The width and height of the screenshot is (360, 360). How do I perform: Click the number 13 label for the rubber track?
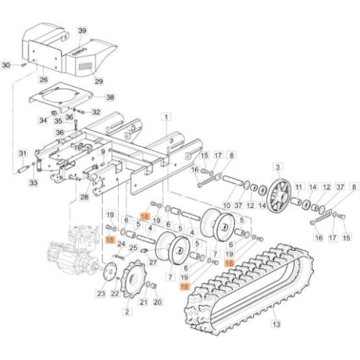pyautogui.click(x=276, y=325)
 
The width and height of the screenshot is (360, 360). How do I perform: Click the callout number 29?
pyautogui.click(x=99, y=81)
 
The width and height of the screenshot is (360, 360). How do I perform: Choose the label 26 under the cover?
pyautogui.click(x=43, y=80)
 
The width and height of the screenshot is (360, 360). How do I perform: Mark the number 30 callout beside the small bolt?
pyautogui.click(x=7, y=65)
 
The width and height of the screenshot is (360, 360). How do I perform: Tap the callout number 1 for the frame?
pyautogui.click(x=166, y=117)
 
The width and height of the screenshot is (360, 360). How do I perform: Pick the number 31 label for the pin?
pyautogui.click(x=23, y=153)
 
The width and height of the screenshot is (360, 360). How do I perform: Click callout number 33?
pyautogui.click(x=33, y=183)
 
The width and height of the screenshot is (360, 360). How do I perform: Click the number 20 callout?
pyautogui.click(x=156, y=303)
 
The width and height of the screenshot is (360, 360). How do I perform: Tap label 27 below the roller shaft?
pyautogui.click(x=153, y=261)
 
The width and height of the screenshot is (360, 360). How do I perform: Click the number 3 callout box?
pyautogui.click(x=277, y=167)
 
